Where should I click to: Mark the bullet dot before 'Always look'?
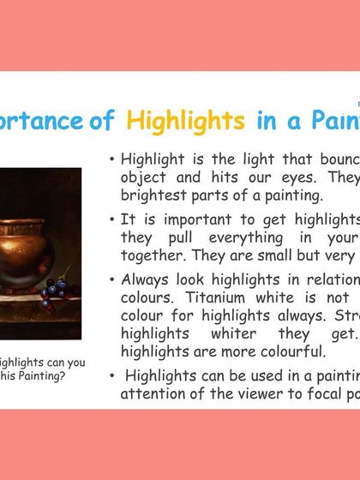tap(113, 279)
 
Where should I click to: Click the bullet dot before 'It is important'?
tap(113, 220)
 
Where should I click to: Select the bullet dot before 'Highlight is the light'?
tap(113, 159)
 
